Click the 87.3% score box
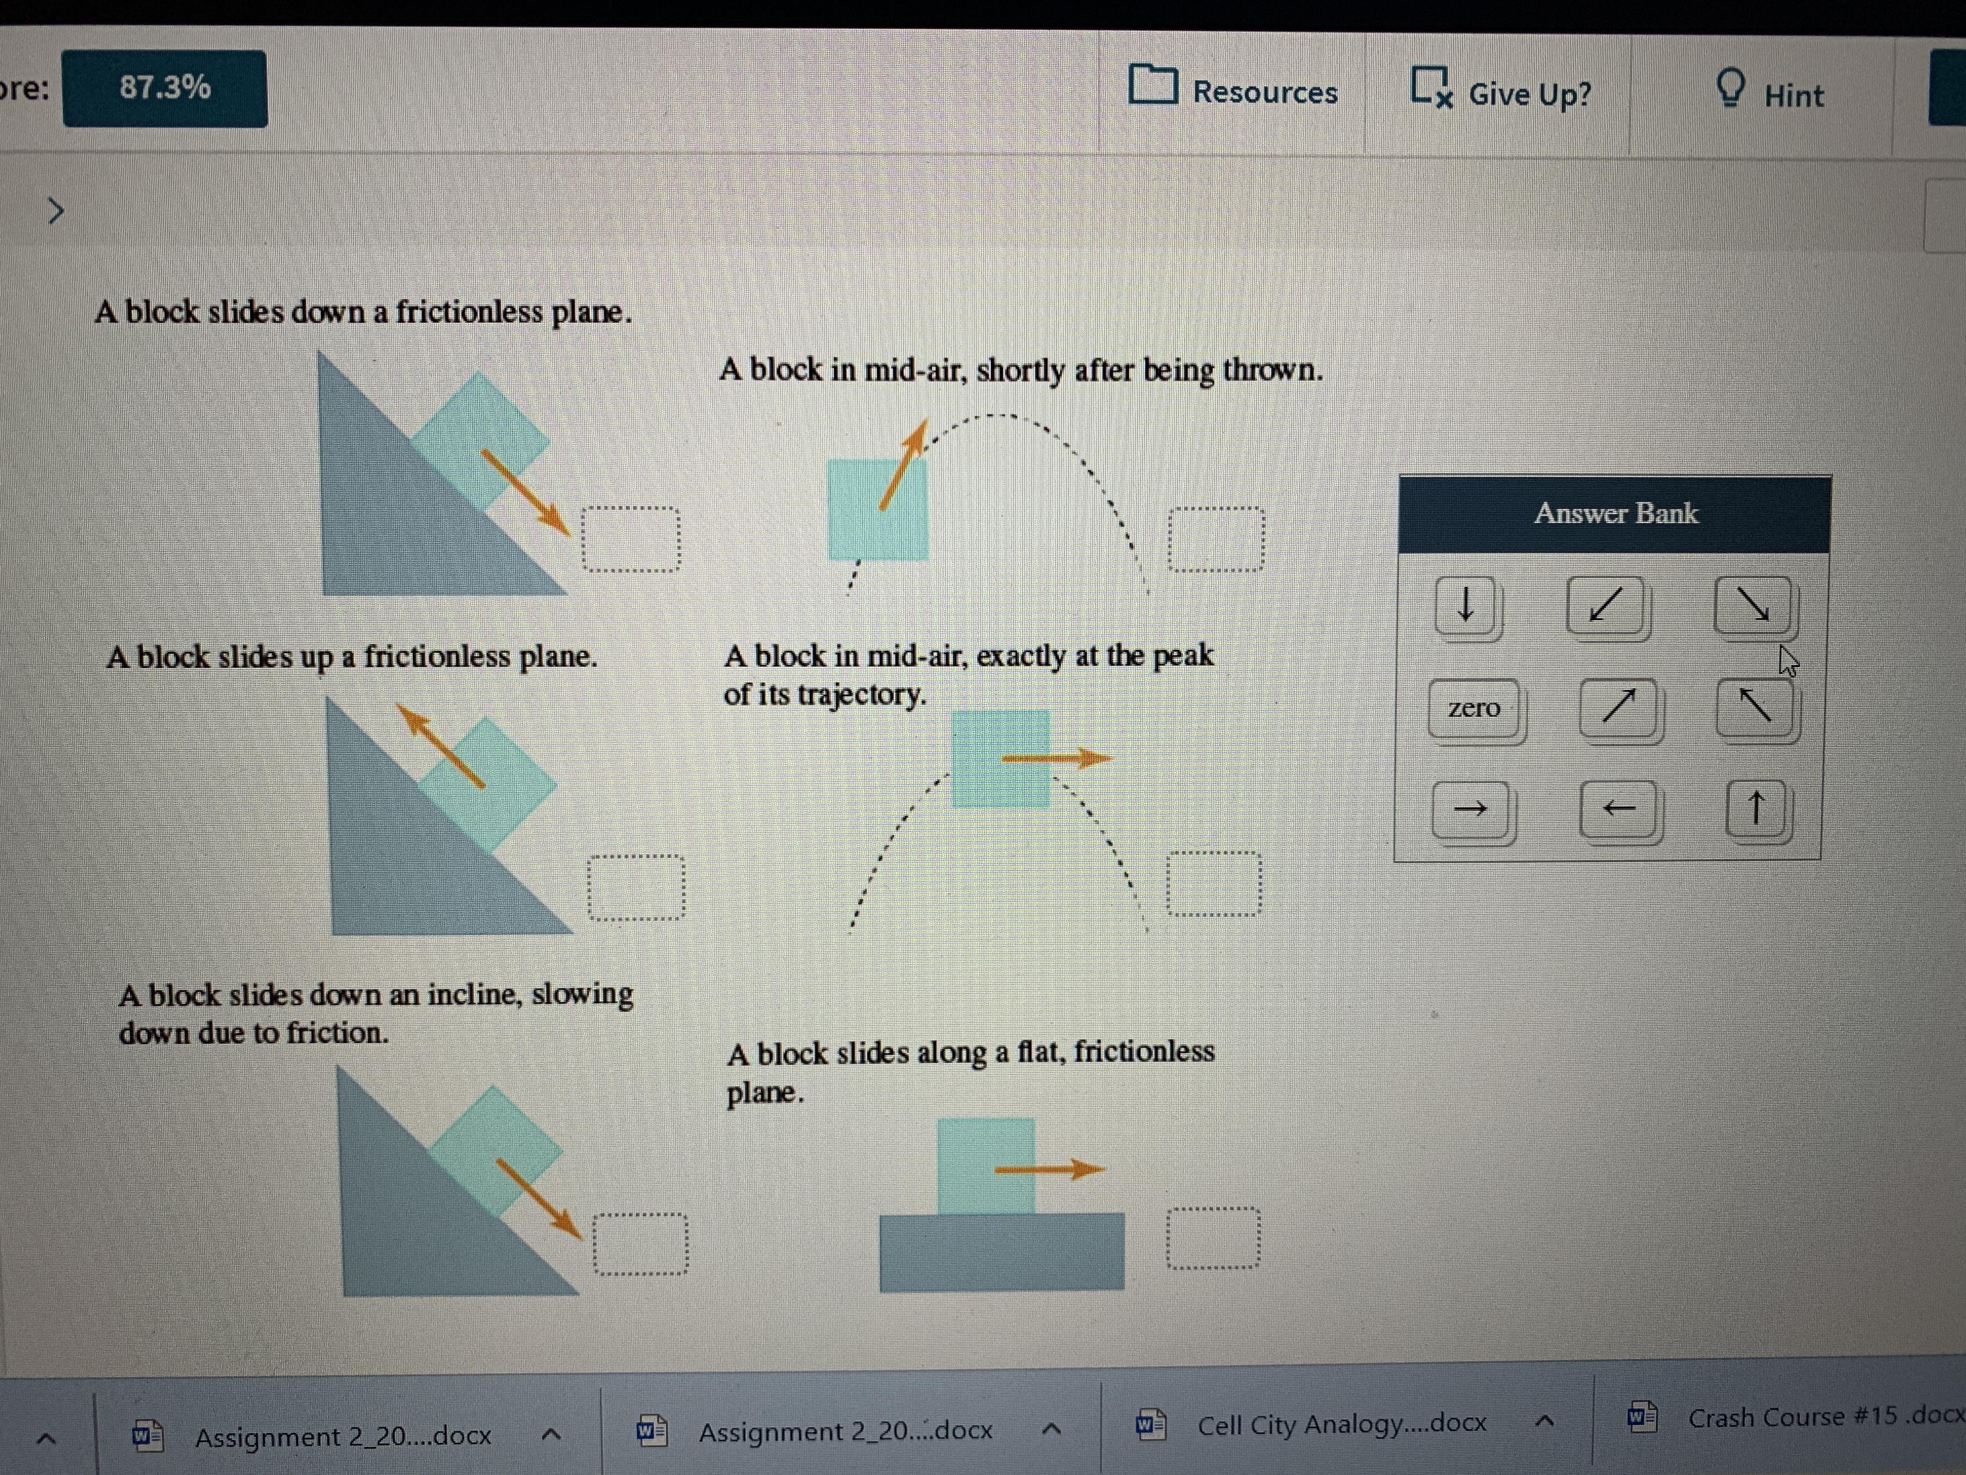[164, 88]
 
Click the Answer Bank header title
[1616, 514]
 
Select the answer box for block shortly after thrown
[1217, 539]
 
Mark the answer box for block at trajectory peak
[1214, 884]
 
